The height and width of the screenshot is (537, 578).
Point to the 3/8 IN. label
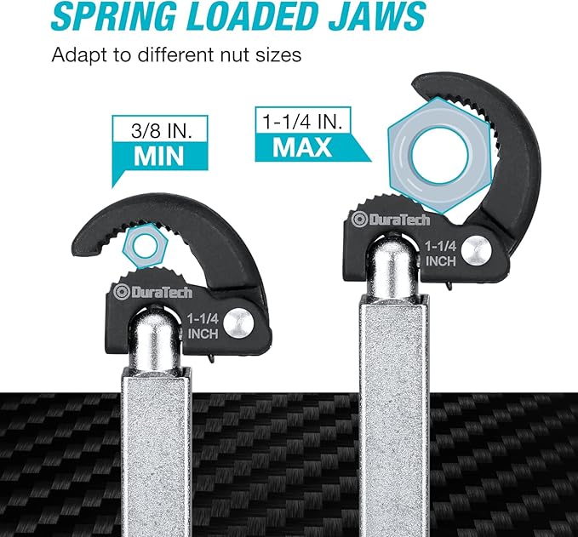pos(162,130)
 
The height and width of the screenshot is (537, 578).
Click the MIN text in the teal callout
pos(159,157)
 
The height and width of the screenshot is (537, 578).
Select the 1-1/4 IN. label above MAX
pos(302,121)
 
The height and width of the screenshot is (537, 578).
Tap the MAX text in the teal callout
pos(302,147)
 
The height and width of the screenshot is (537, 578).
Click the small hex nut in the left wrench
pos(146,246)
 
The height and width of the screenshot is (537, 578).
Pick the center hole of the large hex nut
pos(439,155)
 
